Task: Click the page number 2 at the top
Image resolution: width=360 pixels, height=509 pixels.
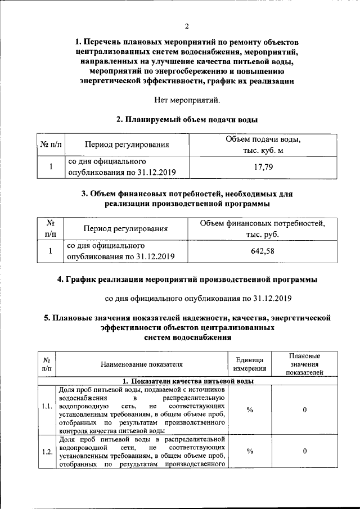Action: pos(187,26)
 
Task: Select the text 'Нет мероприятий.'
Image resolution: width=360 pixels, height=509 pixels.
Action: pos(187,101)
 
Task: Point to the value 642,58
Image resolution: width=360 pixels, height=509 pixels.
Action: pos(263,251)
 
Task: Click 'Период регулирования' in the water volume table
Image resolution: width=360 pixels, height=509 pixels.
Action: pos(127,145)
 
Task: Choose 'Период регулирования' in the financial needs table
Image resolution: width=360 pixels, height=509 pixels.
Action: pos(126,229)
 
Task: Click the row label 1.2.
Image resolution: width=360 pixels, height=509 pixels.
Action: pos(47,451)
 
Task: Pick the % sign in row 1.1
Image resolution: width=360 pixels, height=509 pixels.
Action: pos(250,410)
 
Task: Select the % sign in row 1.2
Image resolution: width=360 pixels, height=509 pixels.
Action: pos(250,451)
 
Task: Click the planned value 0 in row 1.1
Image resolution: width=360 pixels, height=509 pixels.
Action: pos(304,410)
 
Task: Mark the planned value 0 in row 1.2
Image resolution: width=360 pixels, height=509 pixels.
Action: pos(304,451)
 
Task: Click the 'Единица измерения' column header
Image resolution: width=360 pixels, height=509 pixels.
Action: pos(250,364)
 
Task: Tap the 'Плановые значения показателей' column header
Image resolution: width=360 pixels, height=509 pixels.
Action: pos(304,364)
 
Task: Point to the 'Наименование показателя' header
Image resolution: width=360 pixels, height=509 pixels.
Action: pos(142,364)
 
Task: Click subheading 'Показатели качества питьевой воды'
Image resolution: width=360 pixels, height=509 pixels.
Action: pos(188,381)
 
